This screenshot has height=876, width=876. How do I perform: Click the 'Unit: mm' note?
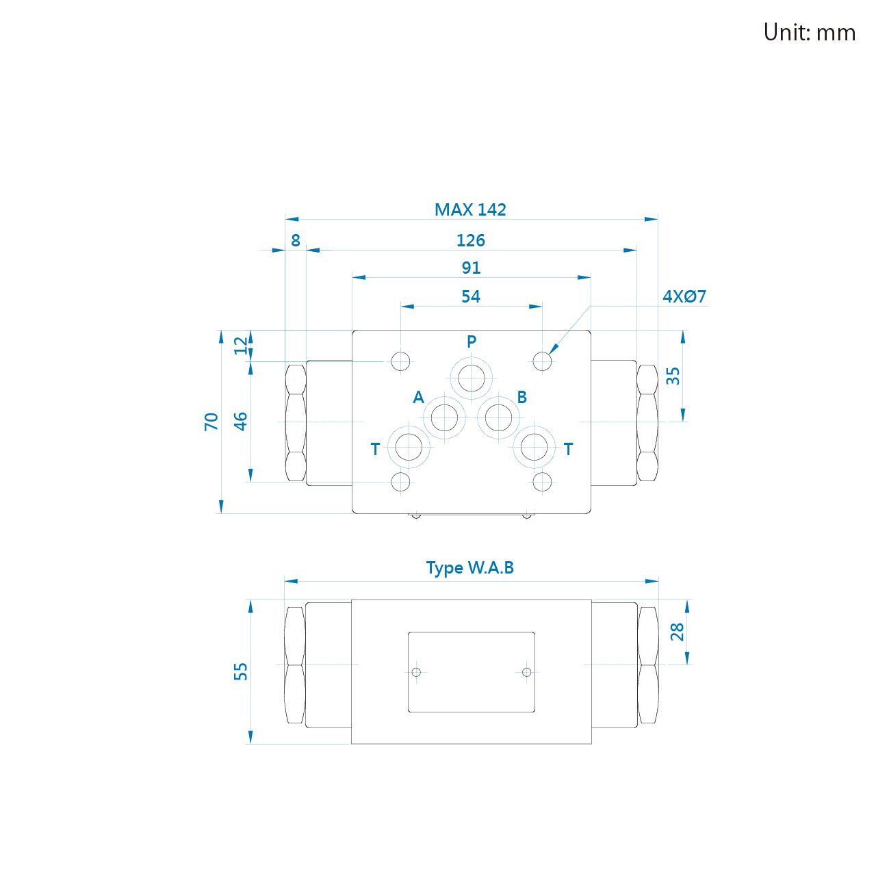pos(809,33)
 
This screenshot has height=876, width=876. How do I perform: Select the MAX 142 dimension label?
pos(469,209)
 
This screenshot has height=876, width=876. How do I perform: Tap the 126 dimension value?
pos(470,240)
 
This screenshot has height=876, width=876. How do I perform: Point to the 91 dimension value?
pos(471,268)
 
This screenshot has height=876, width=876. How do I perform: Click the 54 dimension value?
pos(470,296)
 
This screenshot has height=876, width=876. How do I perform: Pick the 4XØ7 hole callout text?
pos(684,296)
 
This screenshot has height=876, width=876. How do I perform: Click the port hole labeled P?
pos(471,378)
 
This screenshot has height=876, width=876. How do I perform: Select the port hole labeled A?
pos(443,417)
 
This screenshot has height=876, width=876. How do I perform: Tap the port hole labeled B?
pos(498,417)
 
